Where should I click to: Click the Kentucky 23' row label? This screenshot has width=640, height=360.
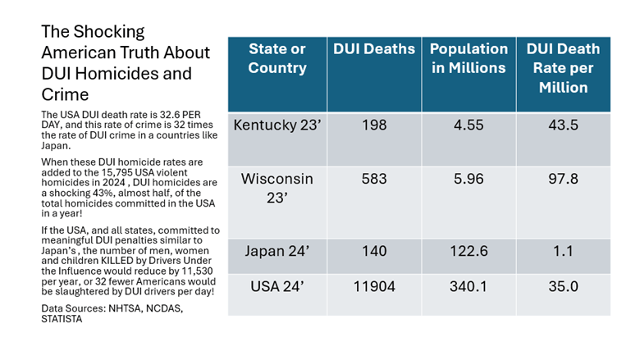point(277,126)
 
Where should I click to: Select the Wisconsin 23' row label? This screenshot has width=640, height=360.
point(277,189)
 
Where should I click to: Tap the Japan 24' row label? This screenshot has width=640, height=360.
point(277,251)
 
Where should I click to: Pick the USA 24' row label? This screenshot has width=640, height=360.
point(277,288)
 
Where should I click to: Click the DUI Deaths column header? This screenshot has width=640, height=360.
point(374,49)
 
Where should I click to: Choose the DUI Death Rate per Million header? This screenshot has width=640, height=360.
point(563,67)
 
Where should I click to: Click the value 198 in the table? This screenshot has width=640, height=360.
point(374,126)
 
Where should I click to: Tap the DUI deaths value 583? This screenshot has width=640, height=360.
point(374,179)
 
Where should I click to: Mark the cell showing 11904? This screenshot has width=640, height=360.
point(374,288)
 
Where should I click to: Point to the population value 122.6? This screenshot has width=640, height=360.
point(469,251)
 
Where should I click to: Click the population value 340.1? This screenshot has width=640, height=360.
point(469,288)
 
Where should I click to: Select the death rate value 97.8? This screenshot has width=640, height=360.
point(563,179)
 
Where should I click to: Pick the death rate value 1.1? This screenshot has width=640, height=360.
point(563,251)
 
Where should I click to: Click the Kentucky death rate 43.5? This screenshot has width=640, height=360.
point(563,126)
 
